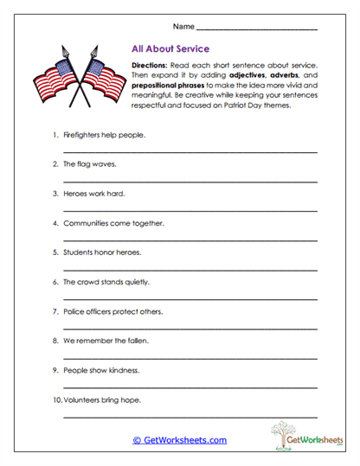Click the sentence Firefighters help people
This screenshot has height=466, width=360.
tap(104, 135)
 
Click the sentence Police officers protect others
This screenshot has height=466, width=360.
tap(112, 311)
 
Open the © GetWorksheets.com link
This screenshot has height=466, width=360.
tap(180, 440)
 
